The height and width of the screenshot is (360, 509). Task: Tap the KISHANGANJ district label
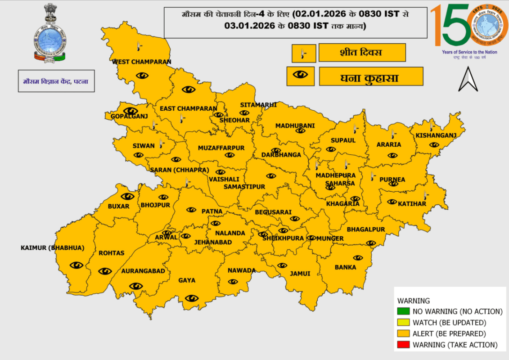[x=436, y=135]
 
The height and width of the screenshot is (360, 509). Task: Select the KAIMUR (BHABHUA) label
[x=52, y=248]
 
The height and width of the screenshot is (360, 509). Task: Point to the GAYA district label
[x=187, y=280]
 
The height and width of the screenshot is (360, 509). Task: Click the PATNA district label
[x=212, y=211]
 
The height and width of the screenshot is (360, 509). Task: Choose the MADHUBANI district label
[x=295, y=126]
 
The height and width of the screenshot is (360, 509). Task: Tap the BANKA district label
[x=345, y=267]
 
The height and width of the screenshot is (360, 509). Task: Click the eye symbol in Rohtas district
[x=105, y=271]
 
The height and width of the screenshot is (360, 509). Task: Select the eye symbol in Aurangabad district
[x=136, y=286]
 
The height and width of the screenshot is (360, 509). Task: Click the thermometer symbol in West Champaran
[x=139, y=46]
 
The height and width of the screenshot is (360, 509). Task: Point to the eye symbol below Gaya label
[x=192, y=297]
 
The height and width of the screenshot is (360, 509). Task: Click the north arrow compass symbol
[x=468, y=80]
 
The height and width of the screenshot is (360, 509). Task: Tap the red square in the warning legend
[x=402, y=345]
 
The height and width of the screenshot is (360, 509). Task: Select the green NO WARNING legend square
[x=402, y=311]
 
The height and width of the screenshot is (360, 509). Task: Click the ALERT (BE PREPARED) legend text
[x=449, y=334]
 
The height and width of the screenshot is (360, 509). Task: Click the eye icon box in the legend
[x=300, y=76]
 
